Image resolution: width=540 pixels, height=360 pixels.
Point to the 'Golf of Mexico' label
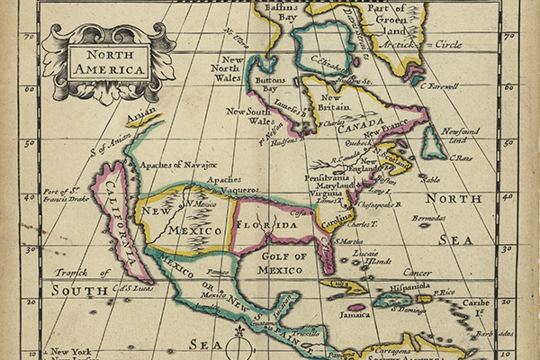284,262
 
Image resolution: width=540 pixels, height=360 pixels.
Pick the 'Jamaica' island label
363,315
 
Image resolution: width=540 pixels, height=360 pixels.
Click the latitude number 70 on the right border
509,37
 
